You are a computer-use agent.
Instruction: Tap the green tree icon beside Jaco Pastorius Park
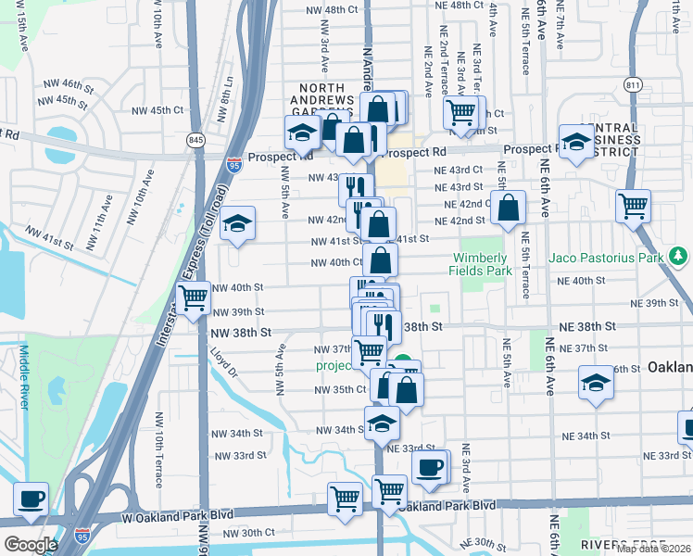pyautogui.click(x=679, y=255)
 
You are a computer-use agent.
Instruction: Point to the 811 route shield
pyautogui.click(x=634, y=85)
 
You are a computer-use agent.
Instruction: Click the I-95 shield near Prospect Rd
pyautogui.click(x=235, y=165)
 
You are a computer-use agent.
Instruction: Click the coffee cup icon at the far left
pyautogui.click(x=31, y=499)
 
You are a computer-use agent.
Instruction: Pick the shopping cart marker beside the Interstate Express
pyautogui.click(x=193, y=299)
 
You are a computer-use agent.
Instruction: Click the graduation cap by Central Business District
pyautogui.click(x=576, y=143)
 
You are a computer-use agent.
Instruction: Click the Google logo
pyautogui.click(x=31, y=544)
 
